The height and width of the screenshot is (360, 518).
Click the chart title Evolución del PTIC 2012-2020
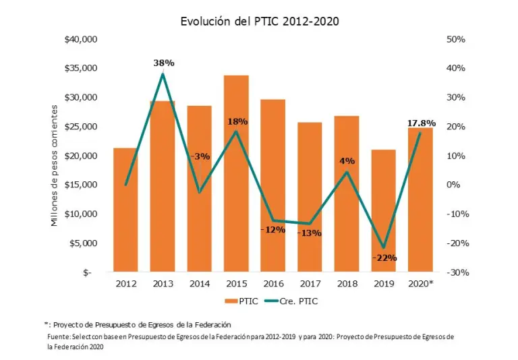(x=259, y=21)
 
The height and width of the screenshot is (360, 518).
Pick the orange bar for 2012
(x=125, y=210)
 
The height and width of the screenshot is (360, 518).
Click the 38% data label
(x=164, y=63)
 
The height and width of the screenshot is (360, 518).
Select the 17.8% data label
(x=422, y=123)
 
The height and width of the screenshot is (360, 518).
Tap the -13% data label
(x=310, y=233)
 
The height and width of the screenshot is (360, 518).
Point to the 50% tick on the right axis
(x=456, y=40)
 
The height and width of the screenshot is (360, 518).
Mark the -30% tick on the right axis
(x=456, y=272)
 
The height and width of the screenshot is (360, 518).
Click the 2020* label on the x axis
(x=421, y=284)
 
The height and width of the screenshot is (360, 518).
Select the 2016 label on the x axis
(x=273, y=284)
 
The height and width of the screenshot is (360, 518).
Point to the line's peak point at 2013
(x=163, y=73)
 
